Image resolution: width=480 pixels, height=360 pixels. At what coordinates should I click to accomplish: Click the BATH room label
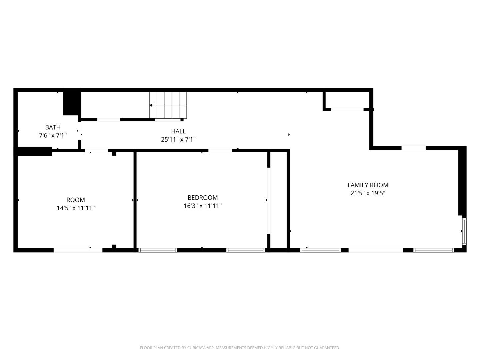(53, 127)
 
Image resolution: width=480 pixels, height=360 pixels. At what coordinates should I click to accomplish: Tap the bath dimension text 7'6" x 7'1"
(53, 135)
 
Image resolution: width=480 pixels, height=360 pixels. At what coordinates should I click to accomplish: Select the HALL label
(178, 131)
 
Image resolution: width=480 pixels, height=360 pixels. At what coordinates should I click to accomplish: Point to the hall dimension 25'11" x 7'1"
(178, 140)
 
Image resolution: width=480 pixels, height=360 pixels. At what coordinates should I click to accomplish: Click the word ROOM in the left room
(76, 200)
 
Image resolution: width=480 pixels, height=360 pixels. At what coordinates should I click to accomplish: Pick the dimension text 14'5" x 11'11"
(76, 208)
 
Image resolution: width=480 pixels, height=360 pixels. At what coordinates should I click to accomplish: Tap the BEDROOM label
(203, 198)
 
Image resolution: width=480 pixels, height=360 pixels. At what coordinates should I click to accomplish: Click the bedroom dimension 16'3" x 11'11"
(203, 206)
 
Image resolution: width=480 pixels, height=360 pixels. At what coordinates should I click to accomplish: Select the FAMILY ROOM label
(368, 185)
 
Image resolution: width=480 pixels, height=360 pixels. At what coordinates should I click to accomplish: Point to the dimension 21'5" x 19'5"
(368, 193)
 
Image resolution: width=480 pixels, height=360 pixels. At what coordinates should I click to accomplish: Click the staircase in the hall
(168, 105)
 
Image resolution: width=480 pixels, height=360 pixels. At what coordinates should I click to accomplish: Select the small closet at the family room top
(347, 100)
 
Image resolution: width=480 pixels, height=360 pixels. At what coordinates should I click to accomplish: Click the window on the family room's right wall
(464, 231)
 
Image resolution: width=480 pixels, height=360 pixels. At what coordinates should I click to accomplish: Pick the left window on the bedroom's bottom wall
(158, 250)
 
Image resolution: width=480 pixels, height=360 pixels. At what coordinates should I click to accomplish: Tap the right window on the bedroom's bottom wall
(246, 250)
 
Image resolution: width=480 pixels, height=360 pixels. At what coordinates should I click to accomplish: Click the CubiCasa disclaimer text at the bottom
(240, 348)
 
